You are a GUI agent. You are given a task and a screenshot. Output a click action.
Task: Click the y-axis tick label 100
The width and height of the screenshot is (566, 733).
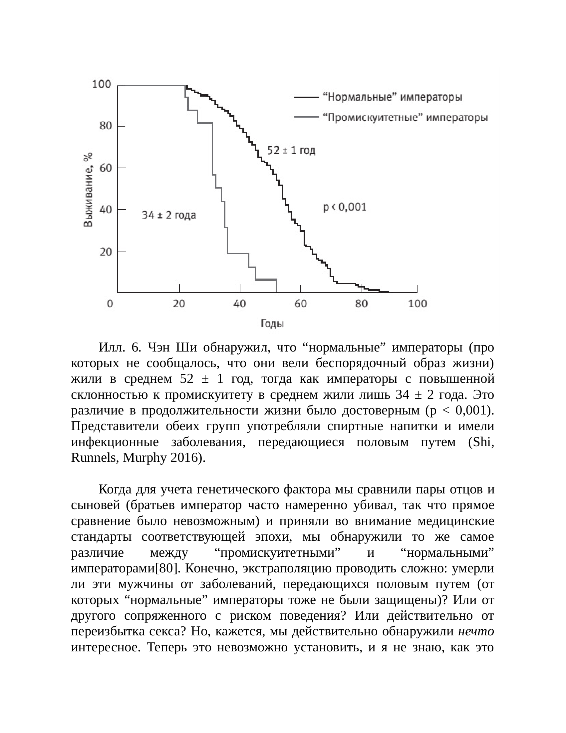pyautogui.click(x=102, y=84)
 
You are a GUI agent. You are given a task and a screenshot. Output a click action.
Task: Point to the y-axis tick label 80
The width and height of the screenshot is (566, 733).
pyautogui.click(x=106, y=126)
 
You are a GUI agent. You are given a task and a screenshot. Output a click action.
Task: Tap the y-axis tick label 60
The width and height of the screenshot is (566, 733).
pyautogui.click(x=106, y=168)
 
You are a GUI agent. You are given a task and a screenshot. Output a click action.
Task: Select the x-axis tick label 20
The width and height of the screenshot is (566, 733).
pyautogui.click(x=179, y=304)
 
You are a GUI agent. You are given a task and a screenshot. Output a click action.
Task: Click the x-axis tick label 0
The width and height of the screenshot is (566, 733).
pyautogui.click(x=110, y=304)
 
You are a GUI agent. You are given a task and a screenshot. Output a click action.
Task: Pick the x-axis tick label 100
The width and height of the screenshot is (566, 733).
pyautogui.click(x=418, y=304)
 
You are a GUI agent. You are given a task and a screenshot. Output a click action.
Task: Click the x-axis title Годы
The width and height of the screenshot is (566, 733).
pyautogui.click(x=272, y=324)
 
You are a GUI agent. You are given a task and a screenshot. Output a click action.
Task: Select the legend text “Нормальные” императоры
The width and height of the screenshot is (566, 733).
pyautogui.click(x=392, y=97)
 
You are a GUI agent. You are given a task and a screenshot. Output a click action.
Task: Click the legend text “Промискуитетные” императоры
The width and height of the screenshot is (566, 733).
pyautogui.click(x=405, y=118)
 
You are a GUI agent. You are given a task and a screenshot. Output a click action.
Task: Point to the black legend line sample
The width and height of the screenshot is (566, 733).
pyautogui.click(x=306, y=97)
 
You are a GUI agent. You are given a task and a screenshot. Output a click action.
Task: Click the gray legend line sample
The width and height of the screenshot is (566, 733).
pyautogui.click(x=306, y=118)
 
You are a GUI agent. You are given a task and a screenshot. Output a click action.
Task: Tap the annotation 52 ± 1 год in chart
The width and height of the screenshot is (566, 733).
pyautogui.click(x=291, y=151)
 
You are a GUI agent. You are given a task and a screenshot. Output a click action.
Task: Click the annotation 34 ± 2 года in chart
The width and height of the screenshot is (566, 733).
pyautogui.click(x=169, y=215)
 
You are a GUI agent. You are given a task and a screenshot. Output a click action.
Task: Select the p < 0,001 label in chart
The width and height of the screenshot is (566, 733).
pyautogui.click(x=345, y=207)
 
